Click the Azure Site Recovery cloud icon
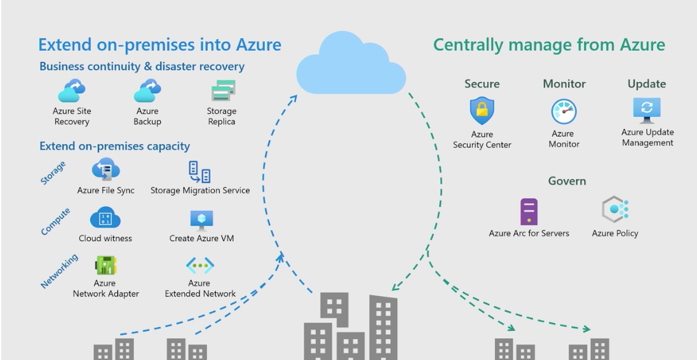tap(72, 91)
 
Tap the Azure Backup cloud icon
tap(147, 91)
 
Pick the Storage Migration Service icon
tap(200, 171)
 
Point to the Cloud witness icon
tap(105, 219)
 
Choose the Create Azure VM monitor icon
tap(201, 220)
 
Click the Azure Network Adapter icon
tap(105, 265)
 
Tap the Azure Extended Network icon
tap(200, 265)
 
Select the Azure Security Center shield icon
tap(482, 112)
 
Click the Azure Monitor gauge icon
tap(564, 112)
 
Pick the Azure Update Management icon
tap(647, 109)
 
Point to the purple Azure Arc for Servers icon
tap(529, 211)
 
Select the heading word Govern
tap(567, 181)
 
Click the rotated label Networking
tap(60, 271)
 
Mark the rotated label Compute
tap(56, 221)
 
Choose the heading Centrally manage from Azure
tap(549, 45)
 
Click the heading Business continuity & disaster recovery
tap(142, 67)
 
